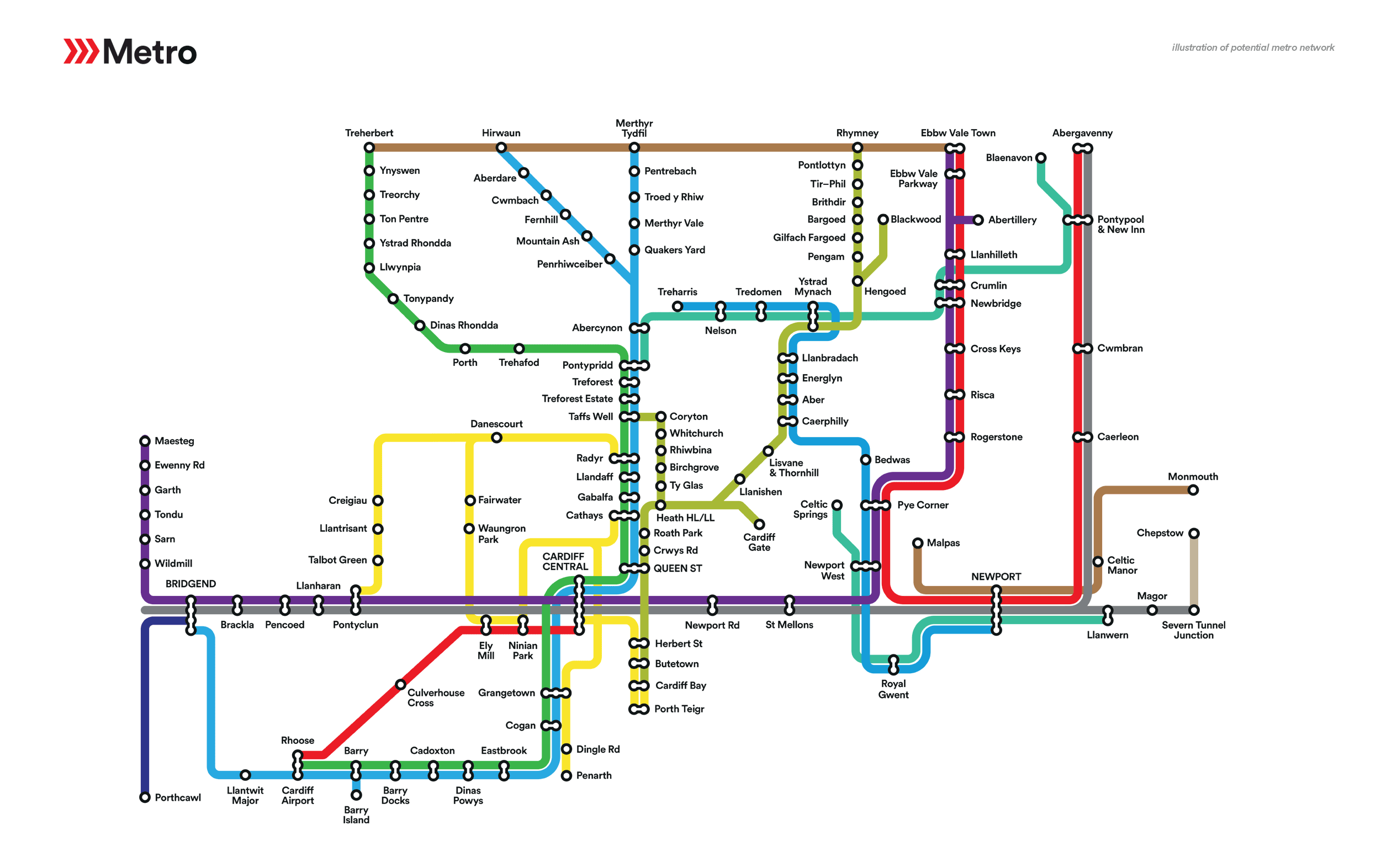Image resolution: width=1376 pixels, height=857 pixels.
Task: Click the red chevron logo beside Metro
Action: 81,51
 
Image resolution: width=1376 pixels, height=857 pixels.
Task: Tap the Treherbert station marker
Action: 369,148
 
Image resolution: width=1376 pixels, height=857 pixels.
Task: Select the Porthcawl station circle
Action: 145,797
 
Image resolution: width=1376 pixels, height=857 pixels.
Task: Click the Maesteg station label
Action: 174,441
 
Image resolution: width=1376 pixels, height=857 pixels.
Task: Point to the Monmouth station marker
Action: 1193,489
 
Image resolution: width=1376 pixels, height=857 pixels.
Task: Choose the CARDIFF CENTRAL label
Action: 565,561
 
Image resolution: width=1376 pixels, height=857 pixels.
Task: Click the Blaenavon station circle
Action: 1040,158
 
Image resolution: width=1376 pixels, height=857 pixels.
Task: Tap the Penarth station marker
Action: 566,775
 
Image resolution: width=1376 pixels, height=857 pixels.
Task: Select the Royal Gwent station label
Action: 893,689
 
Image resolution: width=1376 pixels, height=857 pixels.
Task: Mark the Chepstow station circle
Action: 1193,534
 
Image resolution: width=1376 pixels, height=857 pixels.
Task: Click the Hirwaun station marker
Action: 501,148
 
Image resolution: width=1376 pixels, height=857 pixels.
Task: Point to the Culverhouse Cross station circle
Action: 400,684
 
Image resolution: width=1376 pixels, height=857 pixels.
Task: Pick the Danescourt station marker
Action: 496,438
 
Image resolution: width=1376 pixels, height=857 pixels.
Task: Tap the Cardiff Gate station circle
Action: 759,524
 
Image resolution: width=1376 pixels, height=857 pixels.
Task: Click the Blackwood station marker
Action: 883,219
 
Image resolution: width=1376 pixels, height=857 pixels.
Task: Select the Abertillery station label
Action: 1012,220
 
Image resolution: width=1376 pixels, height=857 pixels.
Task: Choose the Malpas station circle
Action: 917,543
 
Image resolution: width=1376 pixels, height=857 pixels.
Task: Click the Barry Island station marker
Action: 356,795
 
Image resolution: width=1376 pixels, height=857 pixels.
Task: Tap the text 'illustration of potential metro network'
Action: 1252,47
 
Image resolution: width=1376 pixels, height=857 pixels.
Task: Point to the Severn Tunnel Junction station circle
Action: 1193,610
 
